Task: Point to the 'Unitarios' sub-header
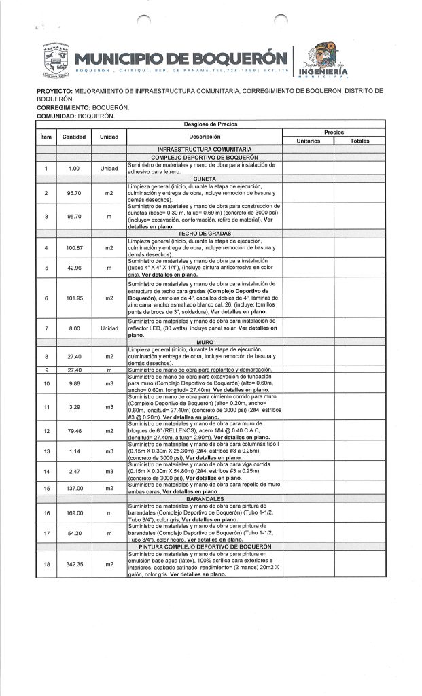[x=308, y=140]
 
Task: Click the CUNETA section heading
[x=205, y=179]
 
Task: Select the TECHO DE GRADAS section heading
[x=205, y=233]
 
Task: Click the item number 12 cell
[x=46, y=431]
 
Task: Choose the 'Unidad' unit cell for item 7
[x=109, y=328]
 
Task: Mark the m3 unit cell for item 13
[x=109, y=451]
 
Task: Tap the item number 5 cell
[x=46, y=268]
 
